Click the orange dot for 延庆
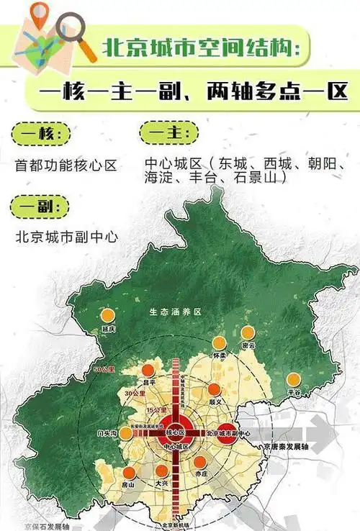pos(107,314)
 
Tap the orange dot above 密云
pos(248,332)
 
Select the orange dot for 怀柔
pos(219,343)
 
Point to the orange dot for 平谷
pos(293,379)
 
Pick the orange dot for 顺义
pos(212,390)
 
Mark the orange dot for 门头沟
pos(125,433)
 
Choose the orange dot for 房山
pos(130,473)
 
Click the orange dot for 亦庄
pos(199,462)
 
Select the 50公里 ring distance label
pos(104,369)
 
